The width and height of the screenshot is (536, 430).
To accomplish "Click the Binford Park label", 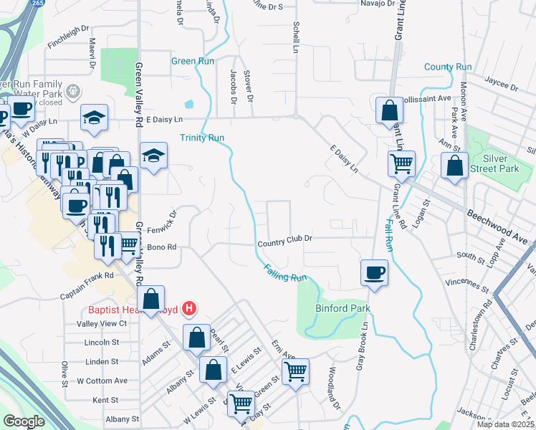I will click(x=343, y=308).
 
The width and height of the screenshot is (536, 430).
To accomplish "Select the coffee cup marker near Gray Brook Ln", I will click(x=374, y=273).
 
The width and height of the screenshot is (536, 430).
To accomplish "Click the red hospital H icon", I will click(x=188, y=310).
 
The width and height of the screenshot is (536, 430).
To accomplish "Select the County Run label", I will click(x=447, y=67).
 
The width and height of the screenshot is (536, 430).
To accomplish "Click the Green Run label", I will click(x=193, y=61).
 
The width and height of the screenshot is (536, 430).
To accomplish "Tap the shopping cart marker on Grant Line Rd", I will click(x=401, y=164).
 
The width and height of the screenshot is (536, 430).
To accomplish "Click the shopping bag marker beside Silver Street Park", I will click(x=454, y=166).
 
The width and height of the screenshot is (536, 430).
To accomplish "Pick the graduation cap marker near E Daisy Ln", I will click(x=153, y=158).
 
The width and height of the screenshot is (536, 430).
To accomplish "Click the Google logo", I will click(x=24, y=421).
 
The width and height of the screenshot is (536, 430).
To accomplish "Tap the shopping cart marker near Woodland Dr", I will click(x=295, y=372).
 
